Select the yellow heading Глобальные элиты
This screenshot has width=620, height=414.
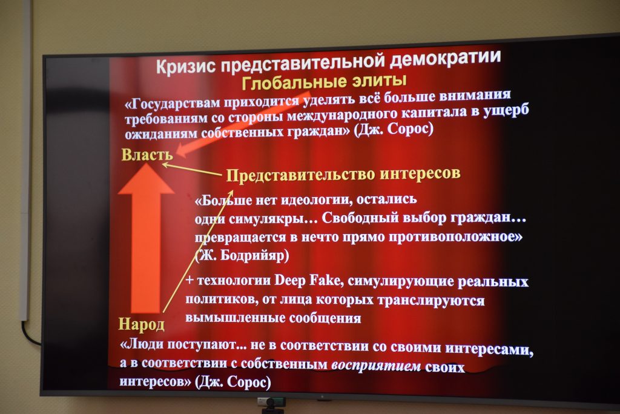[x=325, y=82]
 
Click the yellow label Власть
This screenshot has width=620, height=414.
[x=147, y=155]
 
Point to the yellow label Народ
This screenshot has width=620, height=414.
[x=142, y=324]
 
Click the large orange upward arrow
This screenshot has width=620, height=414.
[x=147, y=238]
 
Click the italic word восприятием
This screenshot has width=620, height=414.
[x=376, y=366]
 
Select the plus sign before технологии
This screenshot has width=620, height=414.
[x=190, y=280]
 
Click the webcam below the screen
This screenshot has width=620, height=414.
[x=271, y=404]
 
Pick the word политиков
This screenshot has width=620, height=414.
[x=216, y=299]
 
